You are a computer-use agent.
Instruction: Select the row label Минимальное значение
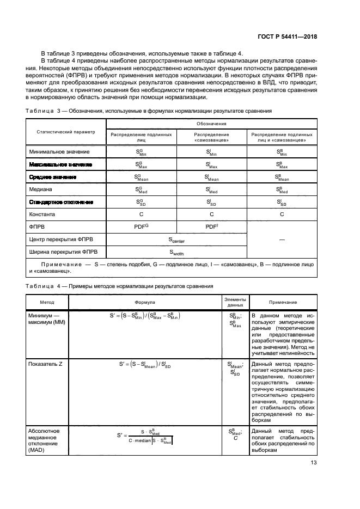click(x=60, y=151)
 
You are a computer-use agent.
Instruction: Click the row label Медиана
click(x=39, y=189)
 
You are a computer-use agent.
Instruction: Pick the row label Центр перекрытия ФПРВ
click(x=62, y=239)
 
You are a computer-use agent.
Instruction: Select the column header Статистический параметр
click(x=65, y=132)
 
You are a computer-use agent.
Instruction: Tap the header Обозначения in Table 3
click(x=212, y=124)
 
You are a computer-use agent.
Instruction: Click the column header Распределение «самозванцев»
click(x=212, y=137)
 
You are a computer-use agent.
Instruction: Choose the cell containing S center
click(x=176, y=239)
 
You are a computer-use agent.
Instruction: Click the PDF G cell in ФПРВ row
click(x=141, y=226)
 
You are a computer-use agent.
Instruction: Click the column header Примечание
click(x=283, y=302)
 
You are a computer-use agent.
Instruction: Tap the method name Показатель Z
click(x=45, y=364)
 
